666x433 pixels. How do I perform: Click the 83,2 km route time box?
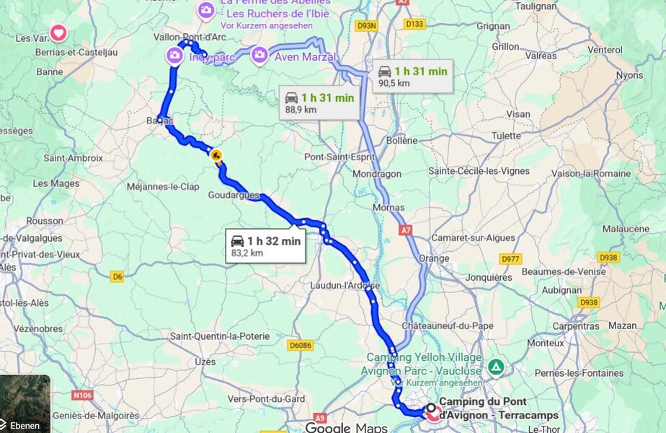265,246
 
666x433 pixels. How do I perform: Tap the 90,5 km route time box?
413,76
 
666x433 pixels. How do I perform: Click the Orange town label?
434,258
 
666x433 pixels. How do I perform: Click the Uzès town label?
205,361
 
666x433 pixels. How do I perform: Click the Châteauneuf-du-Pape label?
448,325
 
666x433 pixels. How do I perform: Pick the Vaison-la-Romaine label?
591,173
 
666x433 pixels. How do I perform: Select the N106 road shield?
83,395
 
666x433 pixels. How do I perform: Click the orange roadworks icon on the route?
216,154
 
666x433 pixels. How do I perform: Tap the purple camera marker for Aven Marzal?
259,55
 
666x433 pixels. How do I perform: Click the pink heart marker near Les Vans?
58,33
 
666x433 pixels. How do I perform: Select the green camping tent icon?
496,367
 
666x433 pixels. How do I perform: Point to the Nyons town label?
630,75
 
